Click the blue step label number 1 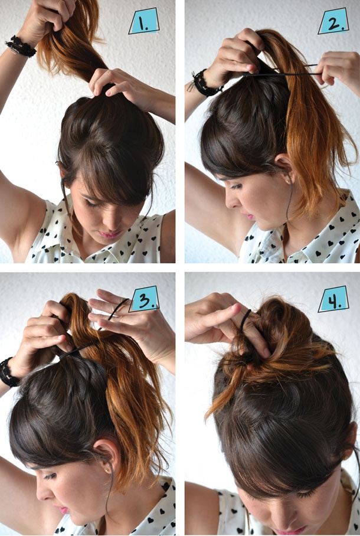pyautogui.click(x=144, y=21)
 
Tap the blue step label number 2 pyautogui.click(x=333, y=21)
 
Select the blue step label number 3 pyautogui.click(x=144, y=299)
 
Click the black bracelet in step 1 pyautogui.click(x=21, y=46)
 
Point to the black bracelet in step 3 pyautogui.click(x=8, y=372)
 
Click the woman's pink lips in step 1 pyautogui.click(x=110, y=234)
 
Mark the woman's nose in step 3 pyautogui.click(x=42, y=491)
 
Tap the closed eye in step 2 pyautogui.click(x=236, y=187)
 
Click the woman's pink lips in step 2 pyautogui.click(x=250, y=217)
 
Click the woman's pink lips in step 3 pyautogui.click(x=63, y=510)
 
